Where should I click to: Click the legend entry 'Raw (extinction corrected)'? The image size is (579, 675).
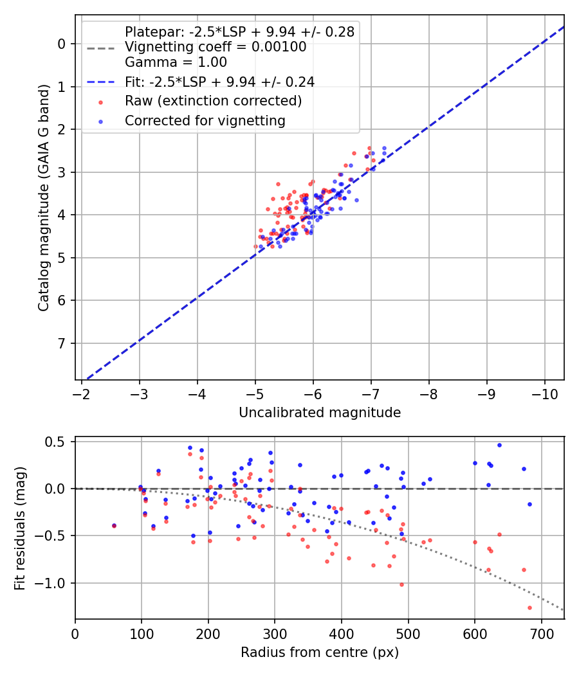[x=213, y=101]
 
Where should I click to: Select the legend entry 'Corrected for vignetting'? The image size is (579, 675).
[x=205, y=120]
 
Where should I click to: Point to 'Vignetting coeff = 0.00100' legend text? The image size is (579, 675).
[x=216, y=47]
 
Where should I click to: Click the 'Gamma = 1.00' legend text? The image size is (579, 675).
[x=176, y=62]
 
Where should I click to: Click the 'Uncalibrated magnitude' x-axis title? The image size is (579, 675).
[x=320, y=413]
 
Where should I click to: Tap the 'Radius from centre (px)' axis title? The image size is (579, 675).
[x=320, y=652]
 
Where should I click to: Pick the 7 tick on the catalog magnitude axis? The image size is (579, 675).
[x=61, y=343]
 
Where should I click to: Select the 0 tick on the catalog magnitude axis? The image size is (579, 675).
[x=61, y=44]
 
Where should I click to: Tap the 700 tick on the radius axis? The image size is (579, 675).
[x=541, y=633]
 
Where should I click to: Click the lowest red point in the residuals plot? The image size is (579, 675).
[x=529, y=607]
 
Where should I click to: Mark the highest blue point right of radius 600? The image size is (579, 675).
[x=499, y=445]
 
